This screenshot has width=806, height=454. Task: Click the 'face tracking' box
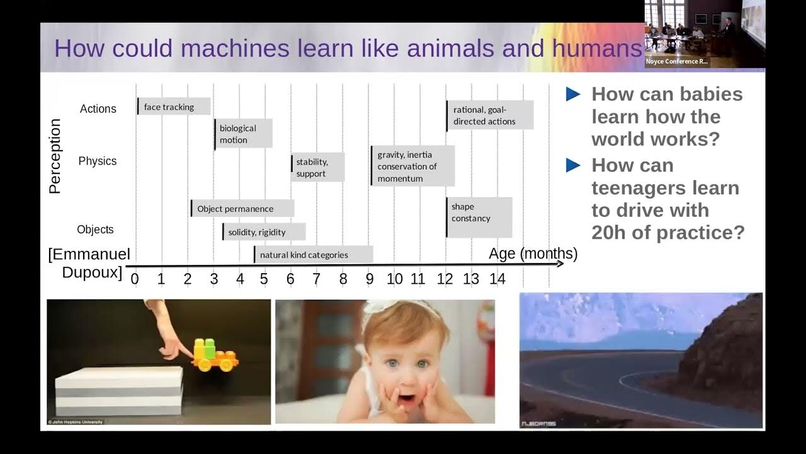point(174,107)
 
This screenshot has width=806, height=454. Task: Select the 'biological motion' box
point(243,134)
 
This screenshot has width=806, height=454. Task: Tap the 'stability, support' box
point(317,168)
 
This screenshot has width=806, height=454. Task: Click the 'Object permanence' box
point(242,209)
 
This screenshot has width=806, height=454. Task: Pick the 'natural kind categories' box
point(313,255)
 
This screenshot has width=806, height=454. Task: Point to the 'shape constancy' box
point(479,216)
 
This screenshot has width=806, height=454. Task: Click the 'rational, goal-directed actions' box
point(489,115)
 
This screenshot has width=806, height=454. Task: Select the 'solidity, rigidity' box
point(263,232)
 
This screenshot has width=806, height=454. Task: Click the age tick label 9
point(369,279)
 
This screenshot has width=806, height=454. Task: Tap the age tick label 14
point(497,279)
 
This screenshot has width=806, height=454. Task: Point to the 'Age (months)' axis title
point(533,253)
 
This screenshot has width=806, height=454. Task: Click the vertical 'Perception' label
point(55,156)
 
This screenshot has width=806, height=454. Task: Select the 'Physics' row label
point(98,161)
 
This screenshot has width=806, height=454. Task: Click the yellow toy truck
point(213,356)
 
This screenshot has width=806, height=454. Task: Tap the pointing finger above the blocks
point(174,347)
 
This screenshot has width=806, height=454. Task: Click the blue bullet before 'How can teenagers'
point(573,165)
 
